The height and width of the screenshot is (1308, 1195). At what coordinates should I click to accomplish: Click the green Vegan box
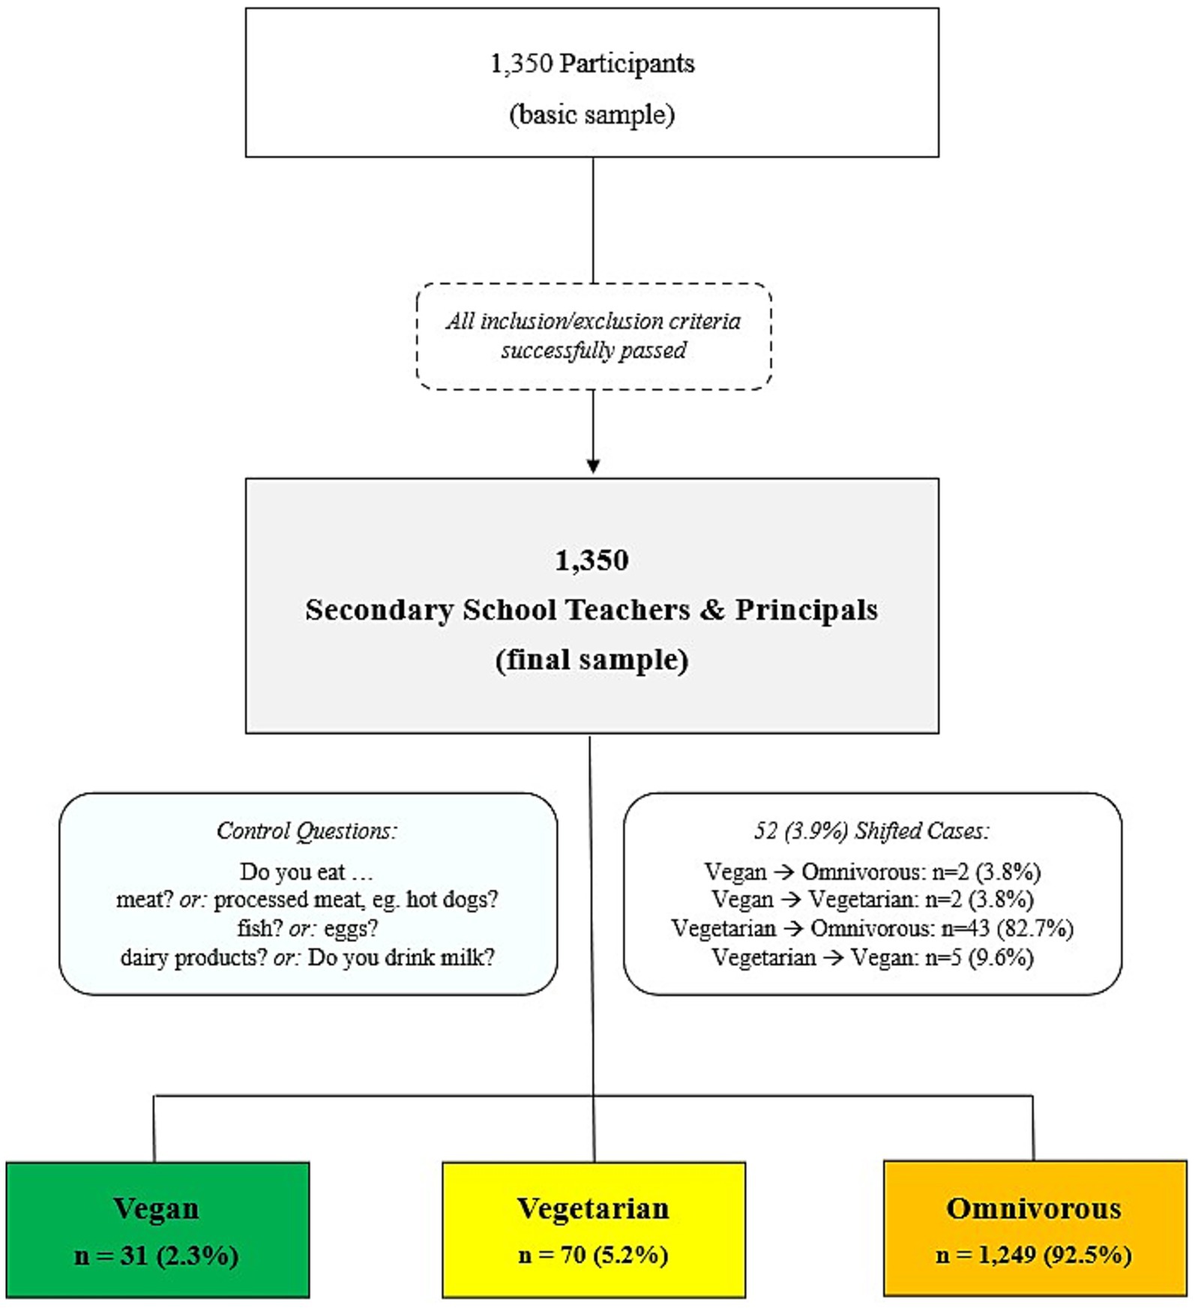pyautogui.click(x=157, y=1229)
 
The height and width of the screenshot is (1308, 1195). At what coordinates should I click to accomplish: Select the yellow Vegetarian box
pyautogui.click(x=593, y=1229)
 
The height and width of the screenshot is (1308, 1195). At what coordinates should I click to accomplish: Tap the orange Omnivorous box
pyautogui.click(x=1035, y=1229)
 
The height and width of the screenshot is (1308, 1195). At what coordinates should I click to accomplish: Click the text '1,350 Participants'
pyautogui.click(x=592, y=64)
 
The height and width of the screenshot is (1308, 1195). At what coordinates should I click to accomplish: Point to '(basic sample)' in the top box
pyautogui.click(x=592, y=115)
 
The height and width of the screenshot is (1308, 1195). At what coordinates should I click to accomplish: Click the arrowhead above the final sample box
pyautogui.click(x=593, y=465)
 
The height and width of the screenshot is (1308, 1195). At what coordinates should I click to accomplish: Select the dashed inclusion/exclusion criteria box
pyautogui.click(x=593, y=336)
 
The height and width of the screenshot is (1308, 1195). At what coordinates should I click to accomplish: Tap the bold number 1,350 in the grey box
pyautogui.click(x=592, y=560)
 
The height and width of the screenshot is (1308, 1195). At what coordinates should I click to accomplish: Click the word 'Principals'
pyautogui.click(x=806, y=609)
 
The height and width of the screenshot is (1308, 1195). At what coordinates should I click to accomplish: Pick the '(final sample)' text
pyautogui.click(x=592, y=660)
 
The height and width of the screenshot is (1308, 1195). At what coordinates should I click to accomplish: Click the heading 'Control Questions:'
pyautogui.click(x=307, y=831)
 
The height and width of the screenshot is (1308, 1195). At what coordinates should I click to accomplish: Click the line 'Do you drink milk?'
pyautogui.click(x=401, y=957)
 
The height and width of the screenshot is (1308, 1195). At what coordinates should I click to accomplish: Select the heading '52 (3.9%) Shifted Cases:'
pyautogui.click(x=872, y=831)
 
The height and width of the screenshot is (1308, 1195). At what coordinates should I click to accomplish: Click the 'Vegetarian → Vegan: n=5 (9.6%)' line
pyautogui.click(x=872, y=957)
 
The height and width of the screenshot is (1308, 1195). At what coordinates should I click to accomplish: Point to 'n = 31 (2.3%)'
pyautogui.click(x=157, y=1255)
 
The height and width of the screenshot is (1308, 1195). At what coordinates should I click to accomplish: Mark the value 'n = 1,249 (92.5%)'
pyautogui.click(x=1034, y=1255)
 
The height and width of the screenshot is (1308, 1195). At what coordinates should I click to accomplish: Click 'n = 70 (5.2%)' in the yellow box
pyautogui.click(x=593, y=1255)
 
